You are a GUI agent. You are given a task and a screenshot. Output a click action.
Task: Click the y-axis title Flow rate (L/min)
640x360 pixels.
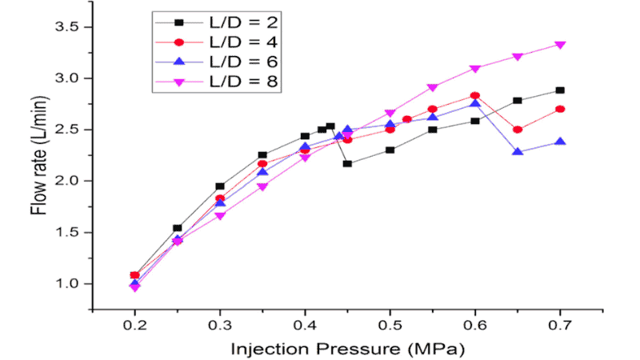click(x=37, y=168)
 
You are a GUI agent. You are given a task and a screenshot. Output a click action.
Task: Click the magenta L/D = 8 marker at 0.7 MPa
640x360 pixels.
click(x=560, y=45)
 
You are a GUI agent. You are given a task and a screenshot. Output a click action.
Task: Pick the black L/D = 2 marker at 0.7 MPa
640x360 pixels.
click(x=560, y=90)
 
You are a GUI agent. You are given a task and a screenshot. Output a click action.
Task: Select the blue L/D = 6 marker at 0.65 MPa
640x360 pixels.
click(x=518, y=151)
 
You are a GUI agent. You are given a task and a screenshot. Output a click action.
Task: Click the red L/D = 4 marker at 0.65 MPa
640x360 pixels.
click(x=518, y=130)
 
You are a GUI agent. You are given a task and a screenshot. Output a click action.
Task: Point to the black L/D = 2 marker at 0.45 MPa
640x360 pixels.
click(x=347, y=163)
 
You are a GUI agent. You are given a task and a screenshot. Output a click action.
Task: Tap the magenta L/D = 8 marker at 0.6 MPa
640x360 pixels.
click(x=475, y=69)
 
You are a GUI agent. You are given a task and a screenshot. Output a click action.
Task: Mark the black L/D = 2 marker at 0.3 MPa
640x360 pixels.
click(x=220, y=186)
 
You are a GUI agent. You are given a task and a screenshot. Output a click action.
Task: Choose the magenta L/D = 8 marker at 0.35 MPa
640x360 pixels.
click(x=262, y=186)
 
